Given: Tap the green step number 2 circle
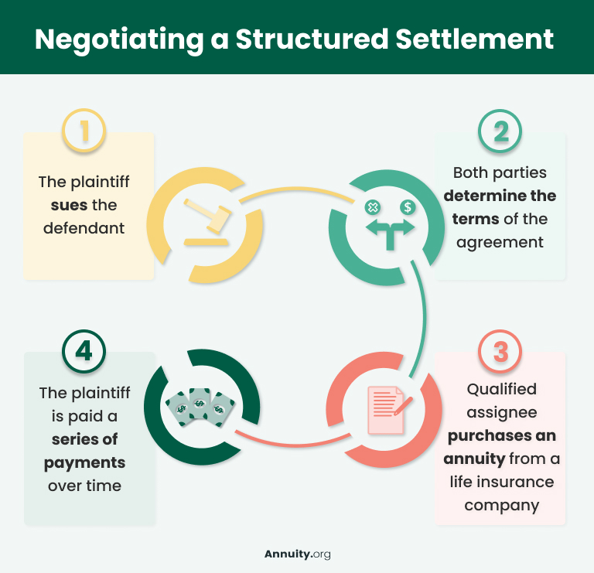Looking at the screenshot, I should (500, 131).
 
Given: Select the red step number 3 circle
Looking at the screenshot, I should (500, 352).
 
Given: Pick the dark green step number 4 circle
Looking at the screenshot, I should (84, 352).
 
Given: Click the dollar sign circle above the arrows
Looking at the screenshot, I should (407, 207).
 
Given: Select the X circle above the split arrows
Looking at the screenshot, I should (372, 207).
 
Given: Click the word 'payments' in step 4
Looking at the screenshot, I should (84, 462).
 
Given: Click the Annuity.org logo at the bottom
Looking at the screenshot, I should (296, 554).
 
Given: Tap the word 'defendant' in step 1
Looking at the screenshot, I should (84, 229).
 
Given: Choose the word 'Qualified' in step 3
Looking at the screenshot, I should (500, 389).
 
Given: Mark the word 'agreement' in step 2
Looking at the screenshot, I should (500, 242).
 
